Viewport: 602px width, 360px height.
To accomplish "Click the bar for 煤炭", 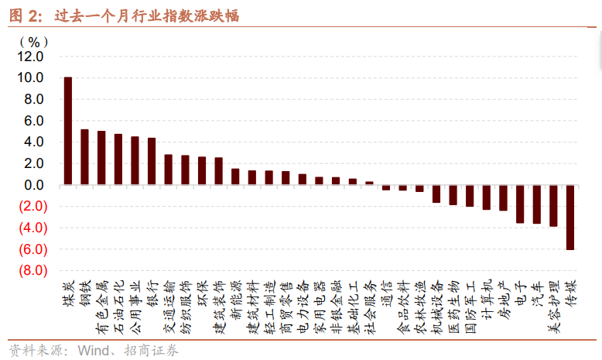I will coord(68,131).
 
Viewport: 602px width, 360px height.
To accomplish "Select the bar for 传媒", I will coord(570,218).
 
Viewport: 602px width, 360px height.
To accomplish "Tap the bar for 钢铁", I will coord(85,157).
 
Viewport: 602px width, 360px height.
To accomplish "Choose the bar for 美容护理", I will coord(553,206).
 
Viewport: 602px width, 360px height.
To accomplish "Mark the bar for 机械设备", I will coord(436,194).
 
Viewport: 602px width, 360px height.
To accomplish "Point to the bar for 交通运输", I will coord(169,170).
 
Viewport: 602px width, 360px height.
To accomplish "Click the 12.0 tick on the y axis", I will coord(32,57).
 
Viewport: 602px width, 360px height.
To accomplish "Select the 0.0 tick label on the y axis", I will coord(35,186).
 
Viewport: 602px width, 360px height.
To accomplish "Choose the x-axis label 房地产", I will coord(503,295).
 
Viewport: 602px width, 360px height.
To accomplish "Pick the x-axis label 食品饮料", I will coord(403,300).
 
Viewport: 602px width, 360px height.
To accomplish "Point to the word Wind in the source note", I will coord(93,351).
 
